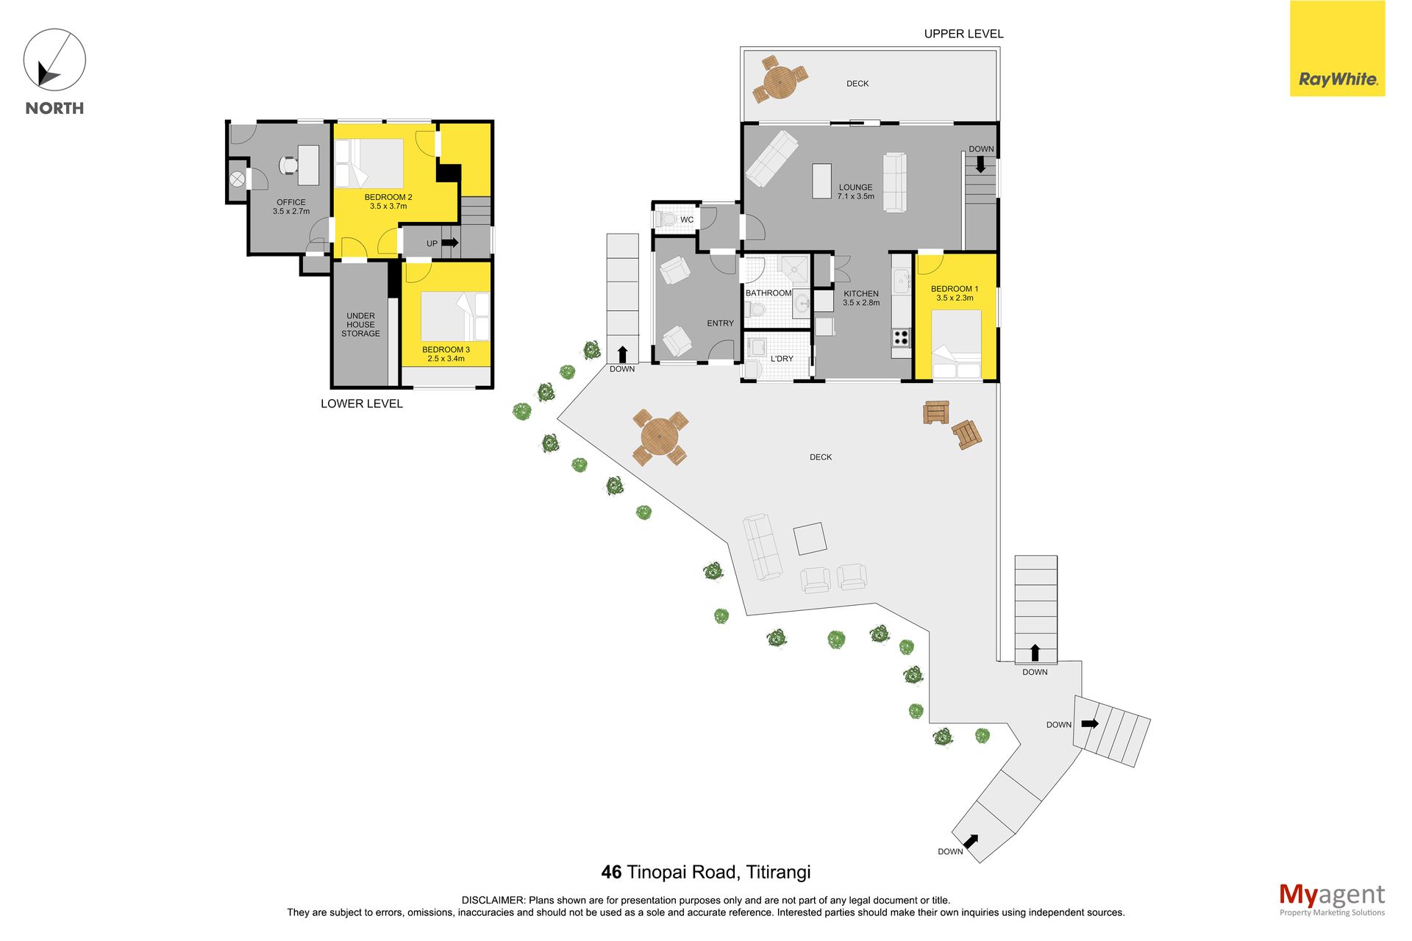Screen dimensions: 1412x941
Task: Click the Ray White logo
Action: point(1337,49)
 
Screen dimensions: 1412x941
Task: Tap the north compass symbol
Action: point(54,60)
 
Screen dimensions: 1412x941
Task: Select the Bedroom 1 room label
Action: point(955,293)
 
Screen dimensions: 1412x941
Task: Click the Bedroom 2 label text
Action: point(388,201)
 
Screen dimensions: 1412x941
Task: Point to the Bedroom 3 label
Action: point(446,354)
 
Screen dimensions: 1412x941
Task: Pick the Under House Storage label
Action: point(360,325)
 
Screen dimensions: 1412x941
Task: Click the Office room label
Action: point(291,207)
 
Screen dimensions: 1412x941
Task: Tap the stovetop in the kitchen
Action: point(901,337)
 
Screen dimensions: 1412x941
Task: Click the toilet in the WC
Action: point(666,219)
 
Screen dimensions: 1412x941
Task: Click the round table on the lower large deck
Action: point(660,437)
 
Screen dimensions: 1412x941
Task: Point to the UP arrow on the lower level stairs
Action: point(450,243)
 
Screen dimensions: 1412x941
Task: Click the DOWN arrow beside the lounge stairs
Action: point(980,164)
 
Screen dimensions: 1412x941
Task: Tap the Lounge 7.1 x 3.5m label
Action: point(856,192)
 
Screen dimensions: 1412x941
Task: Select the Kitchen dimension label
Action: point(861,303)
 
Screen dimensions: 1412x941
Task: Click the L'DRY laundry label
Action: point(782,359)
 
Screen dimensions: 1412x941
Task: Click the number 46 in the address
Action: point(611,873)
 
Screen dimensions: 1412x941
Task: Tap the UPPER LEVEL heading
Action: point(963,34)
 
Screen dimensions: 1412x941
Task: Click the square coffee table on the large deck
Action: point(810,538)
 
